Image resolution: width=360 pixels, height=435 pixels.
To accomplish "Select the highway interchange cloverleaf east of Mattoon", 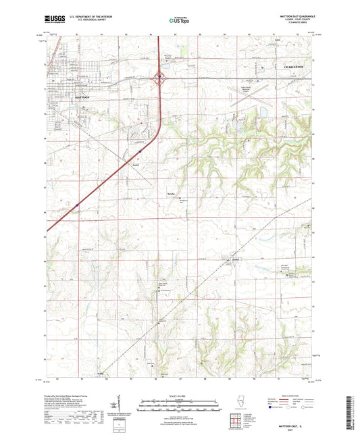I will click(159, 77).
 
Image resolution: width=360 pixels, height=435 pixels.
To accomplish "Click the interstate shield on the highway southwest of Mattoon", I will click(77, 205).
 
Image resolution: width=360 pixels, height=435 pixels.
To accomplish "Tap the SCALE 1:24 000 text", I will click(179, 395).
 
